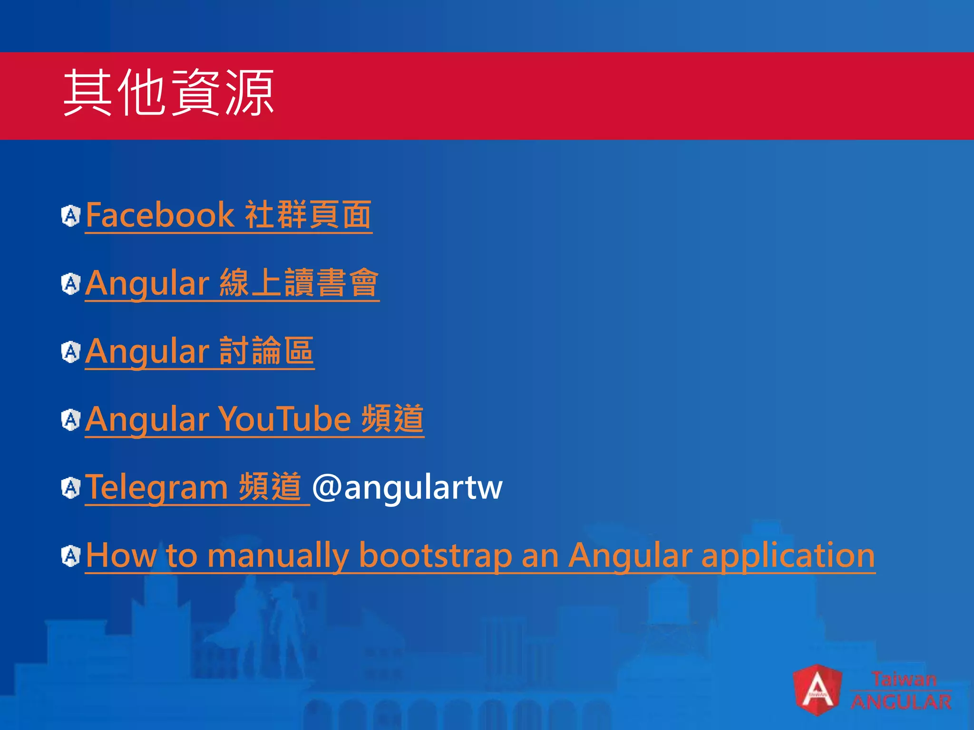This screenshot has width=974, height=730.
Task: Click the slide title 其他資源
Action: (x=169, y=93)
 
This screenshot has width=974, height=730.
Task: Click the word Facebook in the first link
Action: (x=159, y=215)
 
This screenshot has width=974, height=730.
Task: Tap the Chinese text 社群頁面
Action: (x=308, y=215)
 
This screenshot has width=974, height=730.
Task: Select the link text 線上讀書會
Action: (x=299, y=283)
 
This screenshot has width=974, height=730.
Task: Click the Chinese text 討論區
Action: (x=266, y=351)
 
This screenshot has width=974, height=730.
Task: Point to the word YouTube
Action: (x=284, y=419)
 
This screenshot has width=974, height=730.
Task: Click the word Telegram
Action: (x=156, y=488)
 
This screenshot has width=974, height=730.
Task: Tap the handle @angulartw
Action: (x=407, y=488)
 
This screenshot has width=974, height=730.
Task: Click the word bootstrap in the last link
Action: (x=435, y=555)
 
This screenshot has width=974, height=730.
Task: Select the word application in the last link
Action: (x=788, y=555)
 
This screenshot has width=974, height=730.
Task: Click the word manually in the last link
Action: (x=278, y=555)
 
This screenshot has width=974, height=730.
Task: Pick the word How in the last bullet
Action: (x=121, y=555)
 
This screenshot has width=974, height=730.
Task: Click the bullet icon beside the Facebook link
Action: (x=71, y=216)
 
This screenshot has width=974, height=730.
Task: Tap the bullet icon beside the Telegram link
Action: (x=71, y=488)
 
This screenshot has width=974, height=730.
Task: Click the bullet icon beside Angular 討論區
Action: (x=71, y=352)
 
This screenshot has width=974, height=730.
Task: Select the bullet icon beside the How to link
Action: (x=71, y=556)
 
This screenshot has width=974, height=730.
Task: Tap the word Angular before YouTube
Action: (x=147, y=419)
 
